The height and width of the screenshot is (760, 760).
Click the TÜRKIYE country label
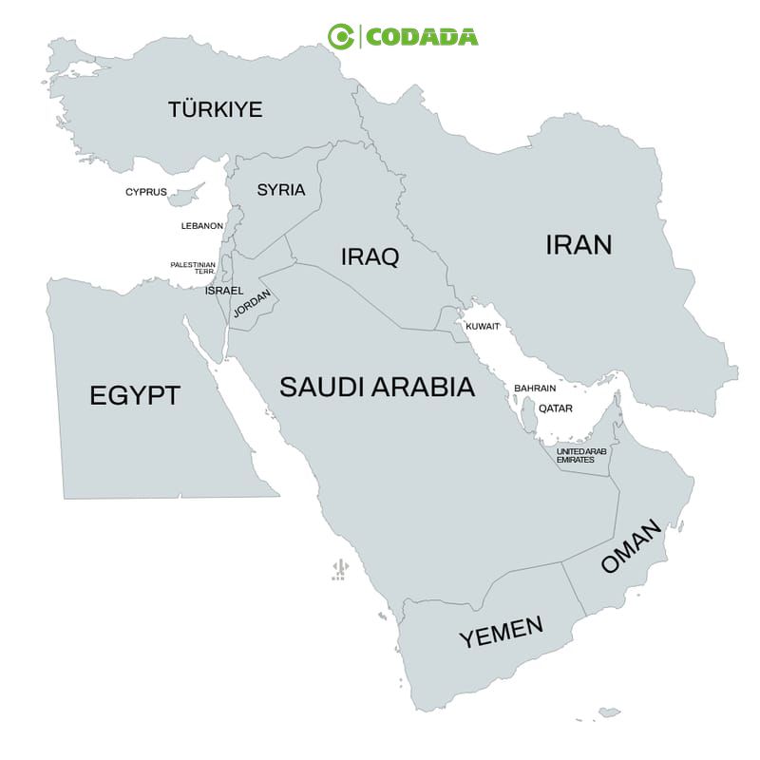(x=215, y=109)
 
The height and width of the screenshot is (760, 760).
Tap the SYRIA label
(x=281, y=190)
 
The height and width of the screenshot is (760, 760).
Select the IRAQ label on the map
(x=370, y=256)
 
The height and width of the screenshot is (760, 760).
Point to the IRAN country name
(x=579, y=244)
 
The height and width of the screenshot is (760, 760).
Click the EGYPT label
(x=134, y=395)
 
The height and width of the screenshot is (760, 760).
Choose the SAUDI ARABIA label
(x=377, y=387)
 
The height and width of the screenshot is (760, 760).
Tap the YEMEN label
(x=502, y=632)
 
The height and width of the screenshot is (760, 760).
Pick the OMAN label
(x=629, y=548)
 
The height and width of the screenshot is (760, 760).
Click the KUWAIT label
(x=483, y=326)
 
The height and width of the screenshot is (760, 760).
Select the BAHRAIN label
(x=535, y=389)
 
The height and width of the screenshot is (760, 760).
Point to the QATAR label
(x=556, y=408)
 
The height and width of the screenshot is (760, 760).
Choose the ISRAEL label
(x=224, y=290)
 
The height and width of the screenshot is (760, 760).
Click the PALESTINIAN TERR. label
(x=193, y=268)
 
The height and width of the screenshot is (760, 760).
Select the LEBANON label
(x=202, y=226)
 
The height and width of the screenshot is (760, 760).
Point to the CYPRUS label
(x=145, y=192)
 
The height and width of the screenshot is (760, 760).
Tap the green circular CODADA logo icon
(x=340, y=36)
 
